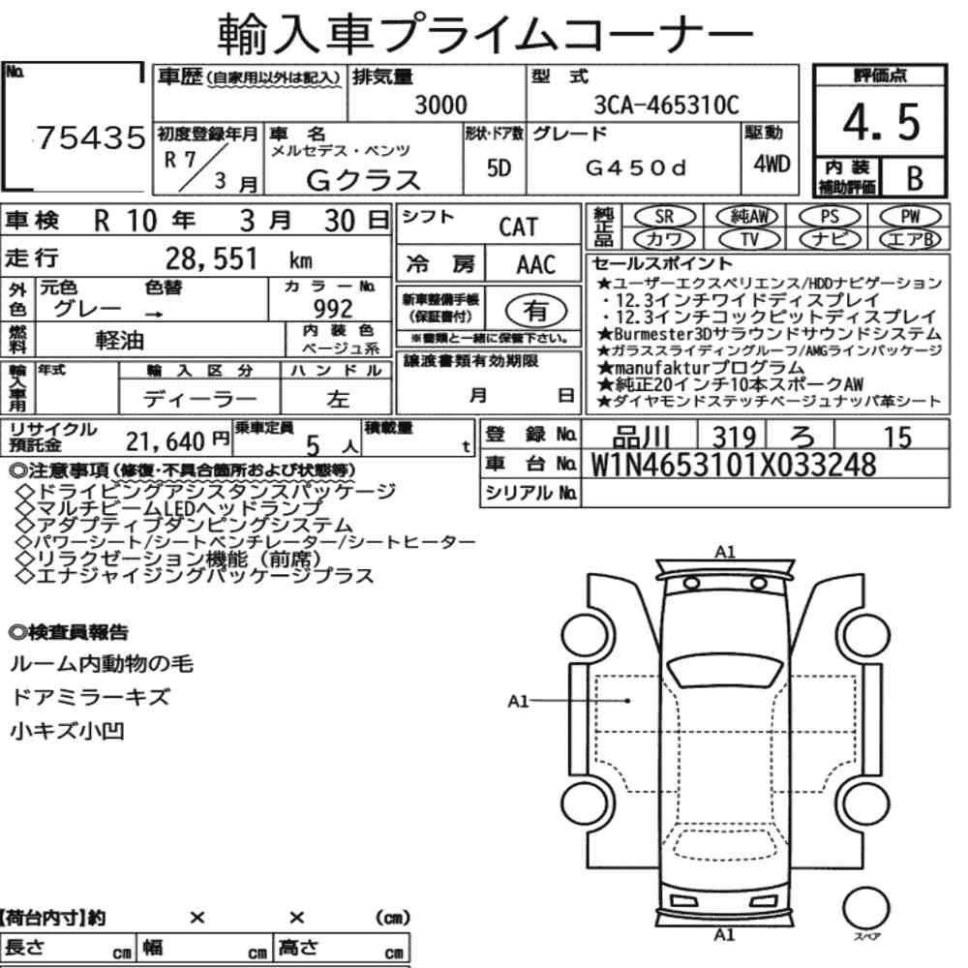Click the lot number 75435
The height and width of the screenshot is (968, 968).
click(x=91, y=137)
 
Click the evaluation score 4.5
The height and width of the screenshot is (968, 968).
click(x=881, y=122)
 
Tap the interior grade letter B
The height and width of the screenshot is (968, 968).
click(x=915, y=178)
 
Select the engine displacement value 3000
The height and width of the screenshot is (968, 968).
click(x=440, y=105)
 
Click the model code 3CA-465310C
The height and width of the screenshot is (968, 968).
click(x=666, y=105)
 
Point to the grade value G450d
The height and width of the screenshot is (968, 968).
click(x=635, y=167)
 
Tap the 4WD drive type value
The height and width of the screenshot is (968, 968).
click(x=771, y=165)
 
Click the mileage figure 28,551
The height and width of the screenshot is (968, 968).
click(x=211, y=258)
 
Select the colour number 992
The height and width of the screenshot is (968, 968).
click(x=333, y=308)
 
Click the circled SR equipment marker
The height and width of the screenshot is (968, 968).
click(x=665, y=217)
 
